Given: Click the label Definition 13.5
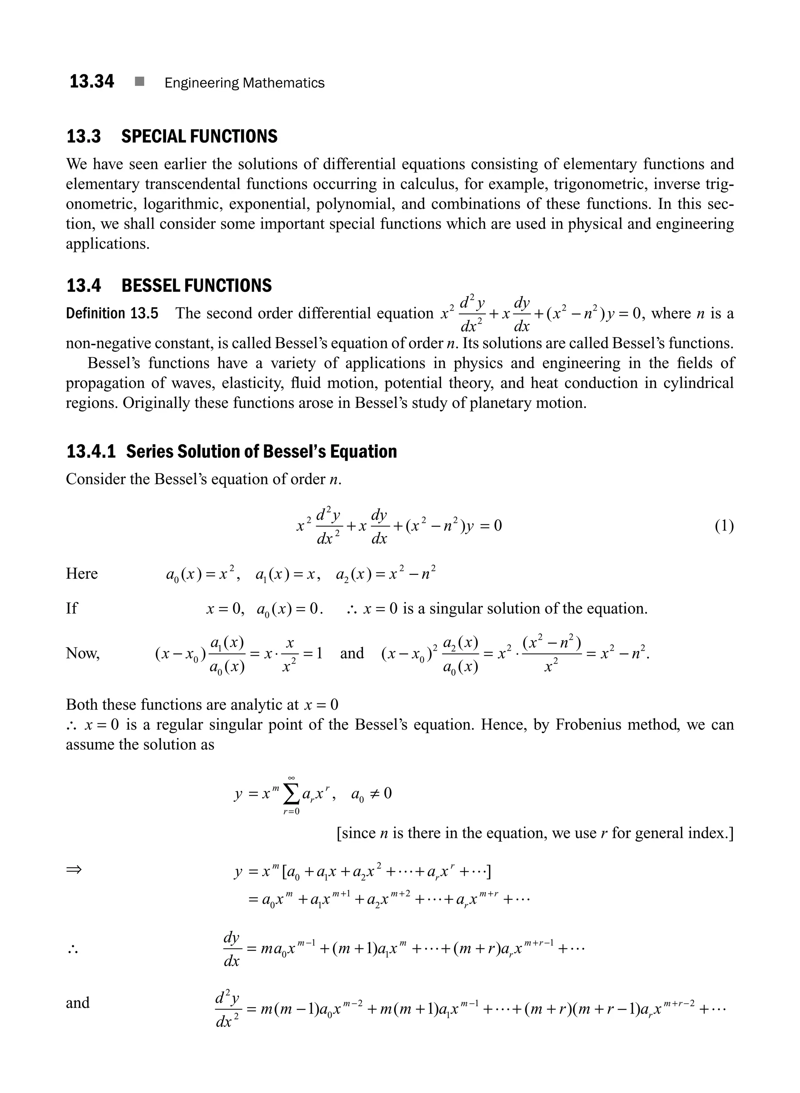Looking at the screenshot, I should click(112, 313).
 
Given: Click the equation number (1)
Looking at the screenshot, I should click(724, 526).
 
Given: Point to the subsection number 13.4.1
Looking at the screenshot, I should click(91, 451).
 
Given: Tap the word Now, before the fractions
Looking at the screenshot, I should click(82, 653).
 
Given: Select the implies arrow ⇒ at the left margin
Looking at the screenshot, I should click(74, 869).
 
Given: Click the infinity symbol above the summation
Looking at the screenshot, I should click(291, 778).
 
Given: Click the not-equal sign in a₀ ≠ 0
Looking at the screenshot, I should click(374, 794).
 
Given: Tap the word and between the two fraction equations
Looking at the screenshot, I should click(352, 653).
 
